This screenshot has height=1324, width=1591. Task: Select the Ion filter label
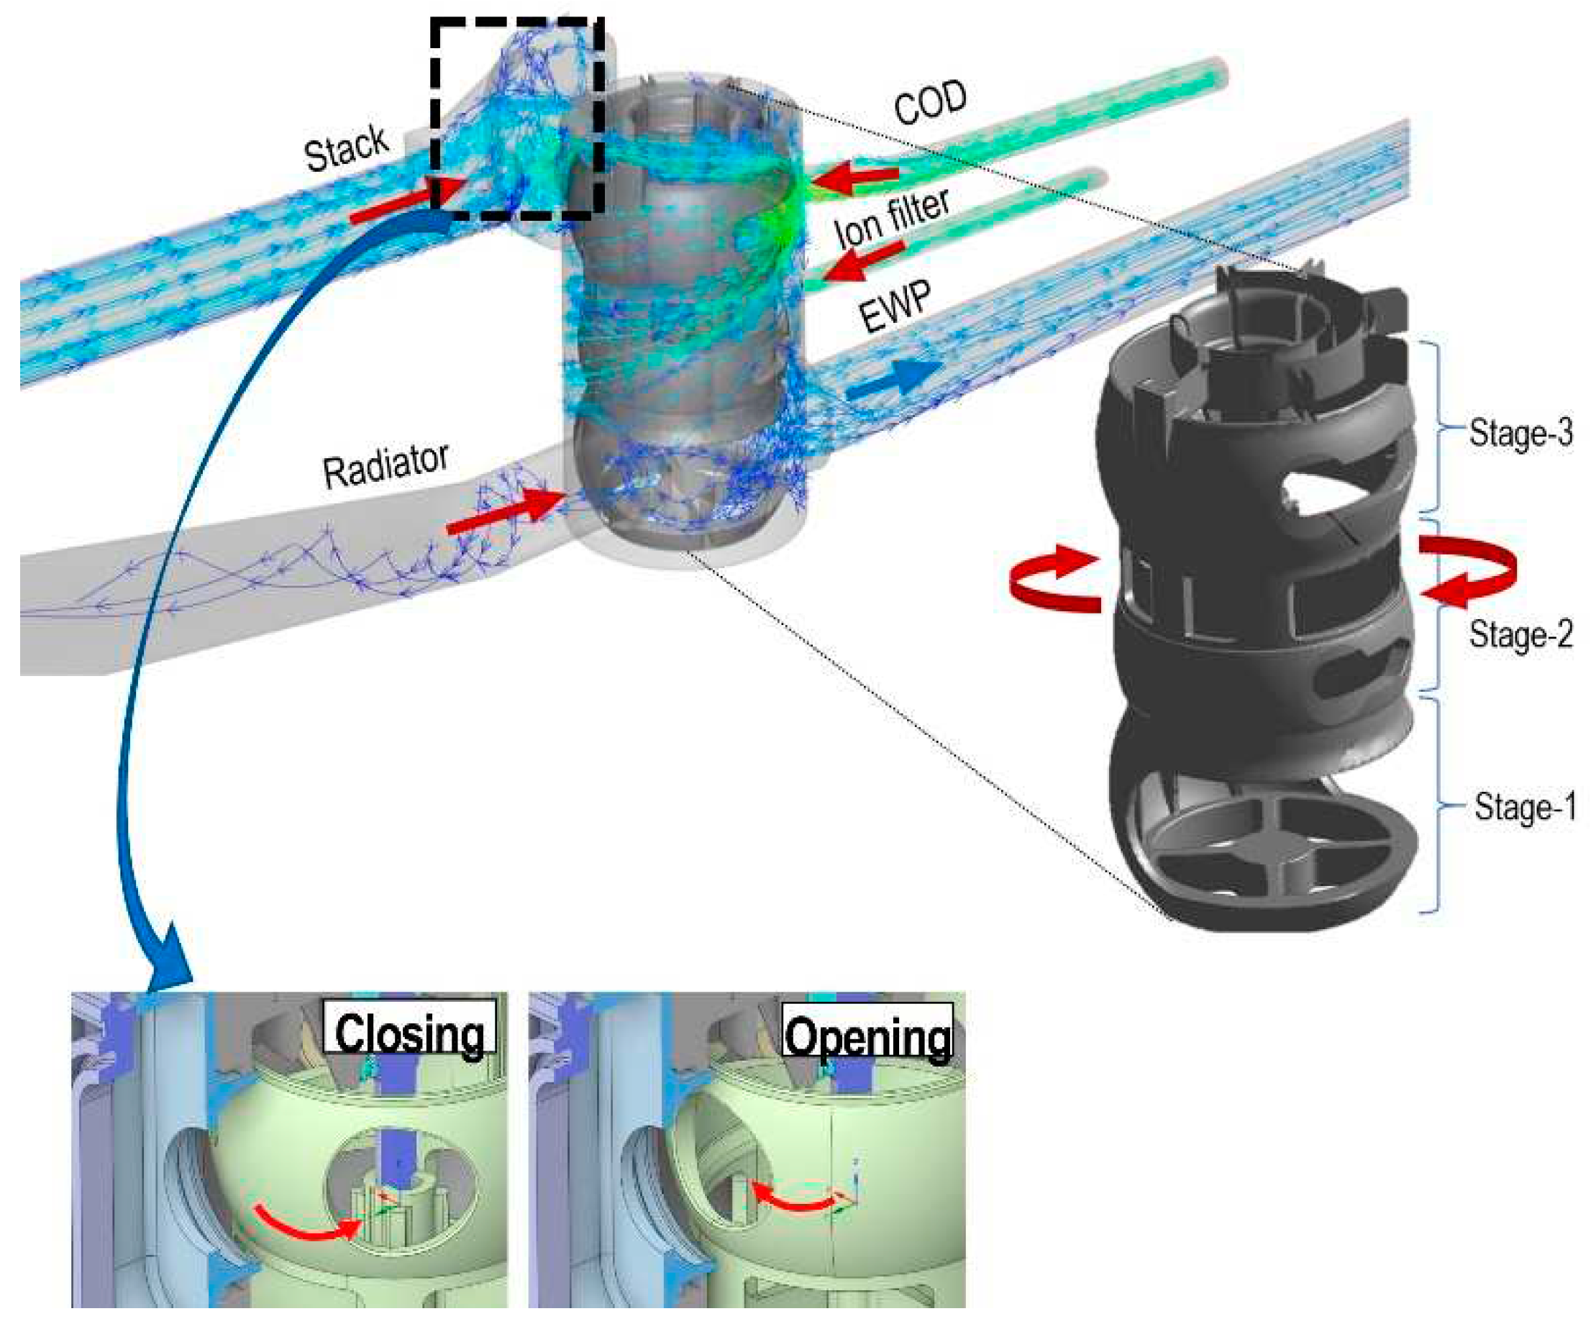coord(892,217)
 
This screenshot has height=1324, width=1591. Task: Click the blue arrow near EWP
coord(893,379)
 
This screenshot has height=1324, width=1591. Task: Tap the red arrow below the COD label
coord(856,180)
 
